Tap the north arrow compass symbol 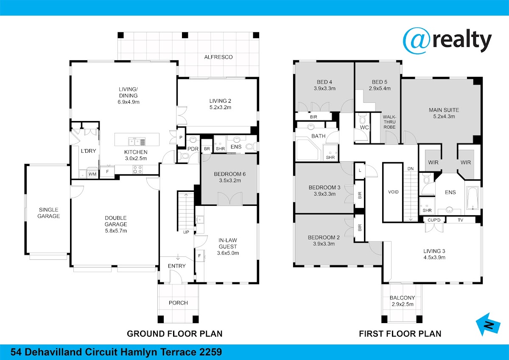(488, 324)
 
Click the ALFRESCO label (218, 57)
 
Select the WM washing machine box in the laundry (92, 174)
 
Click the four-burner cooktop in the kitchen (137, 169)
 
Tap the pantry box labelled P (181, 138)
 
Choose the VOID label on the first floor (393, 192)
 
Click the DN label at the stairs (411, 169)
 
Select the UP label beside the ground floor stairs (186, 232)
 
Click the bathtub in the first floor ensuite (473, 198)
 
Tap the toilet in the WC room (362, 118)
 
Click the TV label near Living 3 (460, 220)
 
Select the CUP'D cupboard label (434, 220)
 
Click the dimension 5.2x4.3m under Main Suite (444, 116)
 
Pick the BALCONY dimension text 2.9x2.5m (403, 304)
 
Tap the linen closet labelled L (360, 170)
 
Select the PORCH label (179, 303)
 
